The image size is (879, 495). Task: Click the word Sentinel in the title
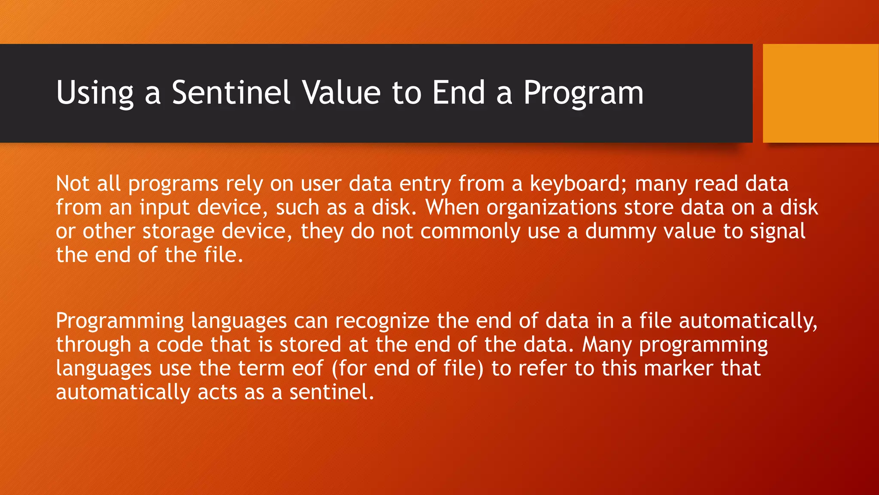coord(231,93)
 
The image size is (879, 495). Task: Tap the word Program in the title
coord(583,93)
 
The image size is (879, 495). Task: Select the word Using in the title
coord(95,93)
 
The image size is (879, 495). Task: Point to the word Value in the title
coord(341,93)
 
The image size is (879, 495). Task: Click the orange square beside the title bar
coord(821,93)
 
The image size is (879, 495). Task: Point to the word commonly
coord(470,232)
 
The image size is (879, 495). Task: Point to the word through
coord(94,345)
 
